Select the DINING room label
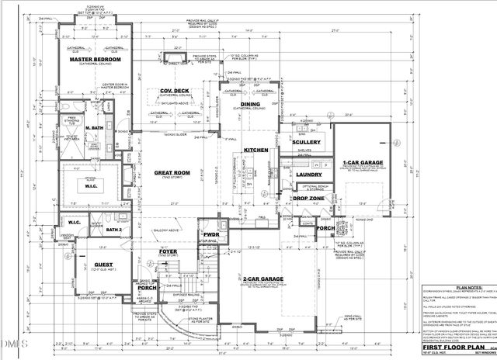250,103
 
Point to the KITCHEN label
255,150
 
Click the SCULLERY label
307,143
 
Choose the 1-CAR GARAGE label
360,163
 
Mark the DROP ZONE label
308,199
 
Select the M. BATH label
96,128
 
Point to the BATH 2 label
115,230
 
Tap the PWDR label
210,234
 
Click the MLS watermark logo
13,343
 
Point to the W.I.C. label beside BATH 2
75,223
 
